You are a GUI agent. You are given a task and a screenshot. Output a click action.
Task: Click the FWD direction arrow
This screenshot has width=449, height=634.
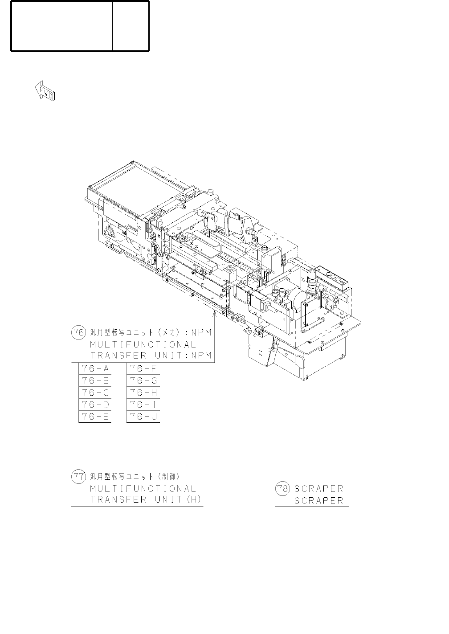[x=45, y=90]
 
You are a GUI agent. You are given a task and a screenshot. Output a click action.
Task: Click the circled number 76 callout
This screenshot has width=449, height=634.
[x=78, y=332]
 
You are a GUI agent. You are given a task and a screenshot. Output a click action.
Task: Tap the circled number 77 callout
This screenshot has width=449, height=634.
[x=78, y=477]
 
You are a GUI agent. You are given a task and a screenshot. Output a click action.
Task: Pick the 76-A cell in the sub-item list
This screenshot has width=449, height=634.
[x=95, y=368]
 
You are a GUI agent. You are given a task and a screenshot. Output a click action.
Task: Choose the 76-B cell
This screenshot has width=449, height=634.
[x=95, y=380]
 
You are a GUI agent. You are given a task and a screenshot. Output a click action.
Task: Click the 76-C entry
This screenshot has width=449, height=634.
[x=95, y=393]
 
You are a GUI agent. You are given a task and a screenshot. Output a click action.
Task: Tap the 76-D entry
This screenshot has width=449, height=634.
[x=95, y=405]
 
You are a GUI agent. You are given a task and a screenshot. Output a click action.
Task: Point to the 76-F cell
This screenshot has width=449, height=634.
[x=143, y=368]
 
